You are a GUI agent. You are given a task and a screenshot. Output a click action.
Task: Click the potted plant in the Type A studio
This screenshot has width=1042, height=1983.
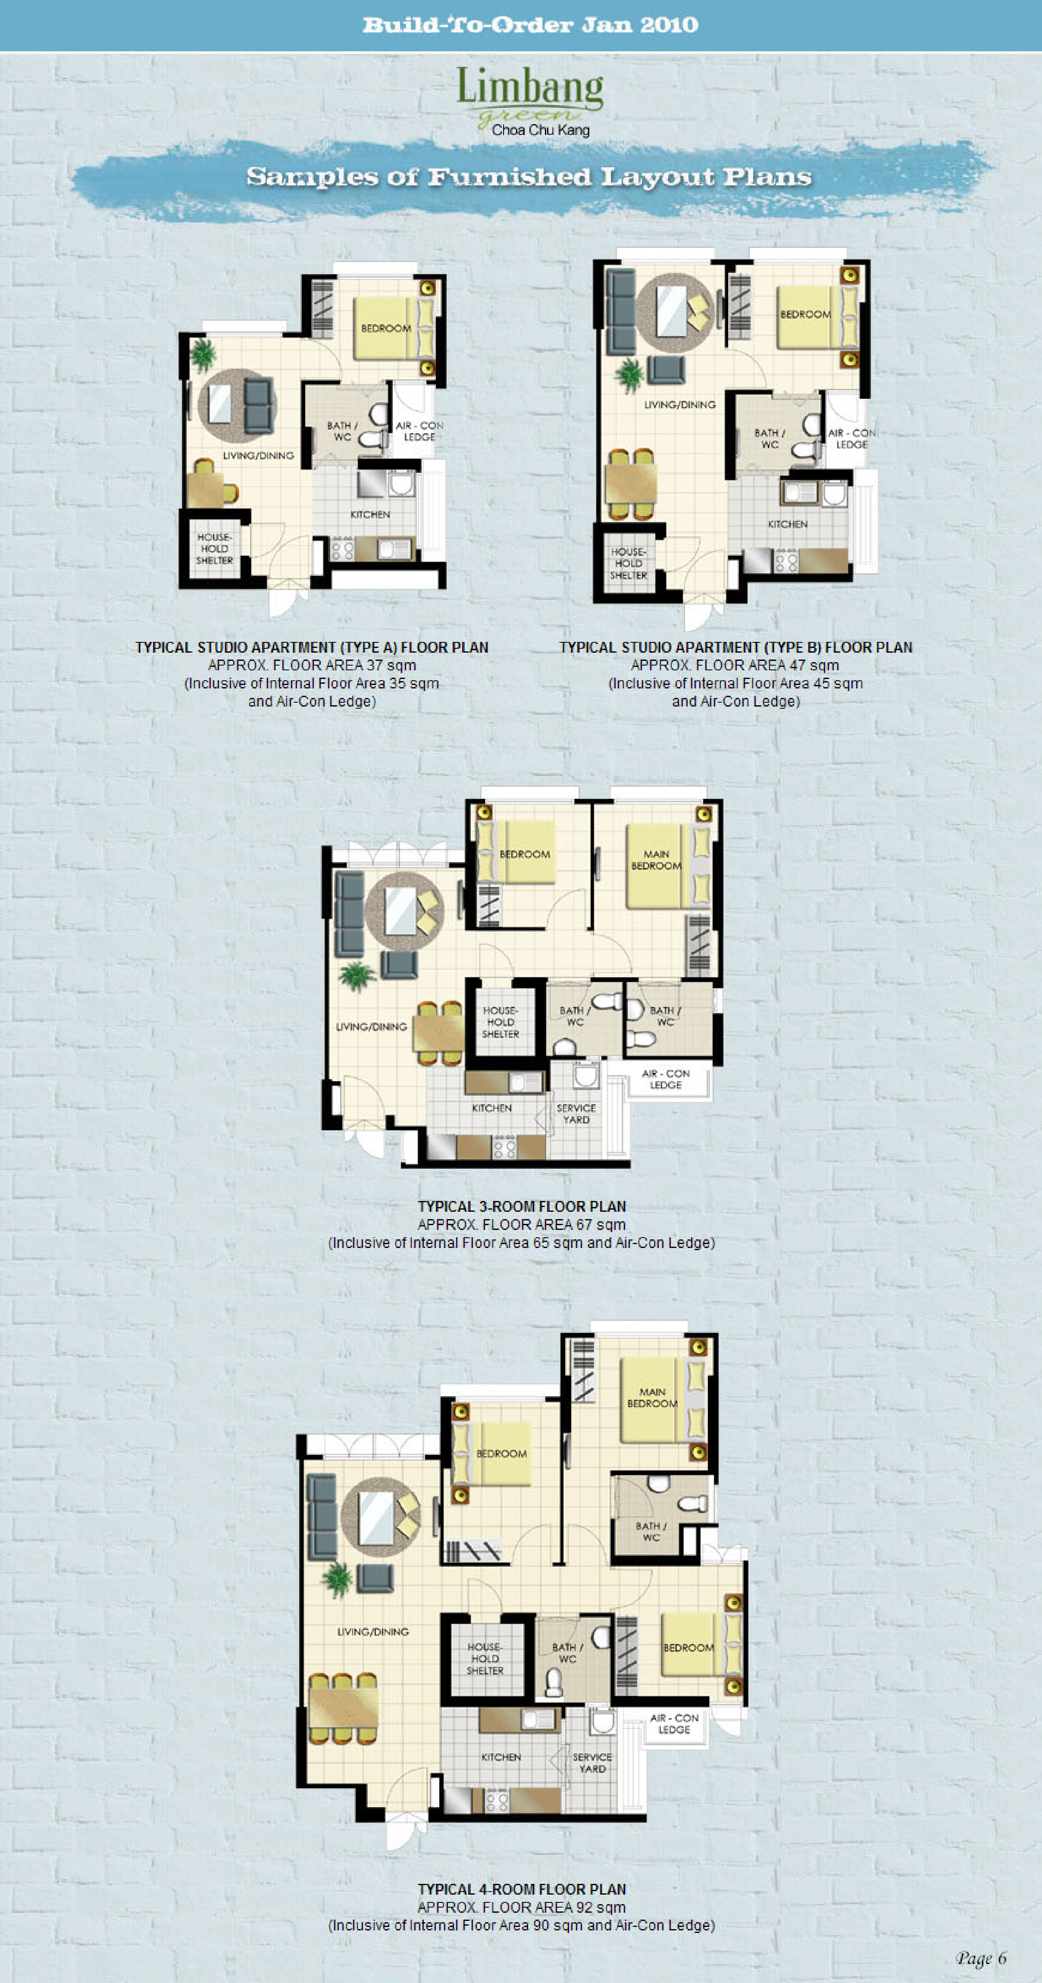tap(203, 355)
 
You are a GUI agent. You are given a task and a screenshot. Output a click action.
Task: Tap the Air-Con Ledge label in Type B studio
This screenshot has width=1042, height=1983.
tap(852, 439)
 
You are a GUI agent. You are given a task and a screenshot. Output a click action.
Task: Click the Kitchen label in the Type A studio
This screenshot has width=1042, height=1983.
tap(370, 514)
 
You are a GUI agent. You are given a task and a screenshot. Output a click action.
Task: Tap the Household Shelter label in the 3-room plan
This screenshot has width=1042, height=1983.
tap(500, 1022)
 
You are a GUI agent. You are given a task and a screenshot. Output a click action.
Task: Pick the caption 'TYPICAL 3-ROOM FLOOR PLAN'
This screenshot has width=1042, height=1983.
tap(522, 1206)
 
